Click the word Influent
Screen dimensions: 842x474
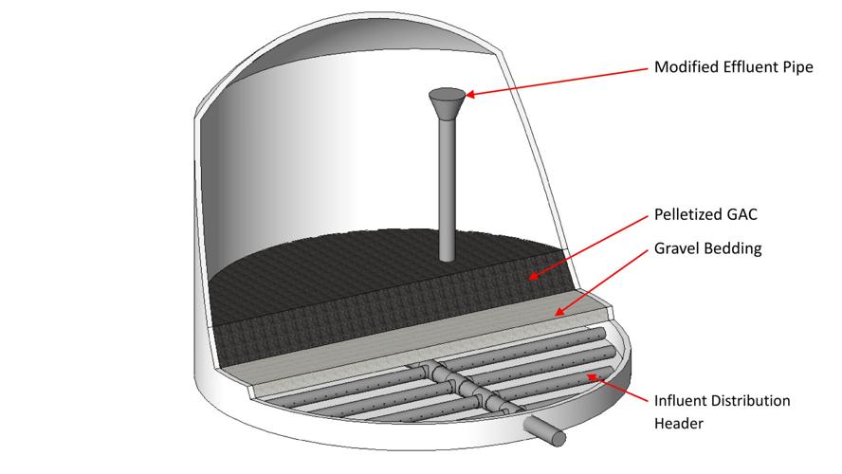pyautogui.click(x=679, y=400)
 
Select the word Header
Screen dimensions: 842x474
pyautogui.click(x=679, y=423)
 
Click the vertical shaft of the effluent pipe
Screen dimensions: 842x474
pyautogui.click(x=448, y=191)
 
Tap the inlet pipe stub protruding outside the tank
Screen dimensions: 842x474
pyautogui.click(x=544, y=431)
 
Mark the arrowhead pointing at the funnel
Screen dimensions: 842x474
pyautogui.click(x=470, y=95)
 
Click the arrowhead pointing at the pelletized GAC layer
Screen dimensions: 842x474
pyautogui.click(x=533, y=276)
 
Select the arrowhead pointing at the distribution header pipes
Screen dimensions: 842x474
pyautogui.click(x=593, y=378)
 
